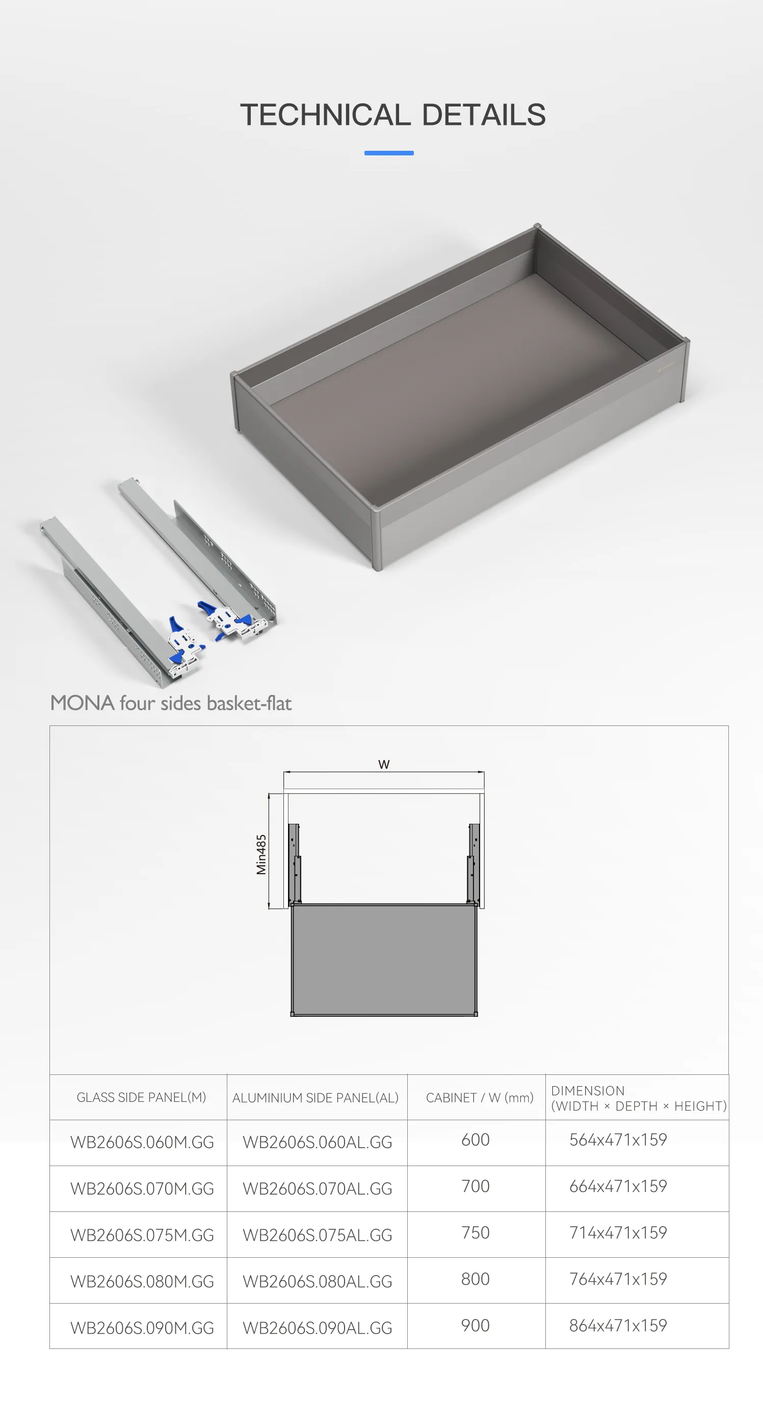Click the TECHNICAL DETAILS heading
392,115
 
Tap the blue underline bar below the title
389,153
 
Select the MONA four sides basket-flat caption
171,703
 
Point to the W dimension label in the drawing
384,764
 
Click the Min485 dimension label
261,855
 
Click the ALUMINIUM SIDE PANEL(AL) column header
315,1098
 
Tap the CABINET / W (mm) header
480,1098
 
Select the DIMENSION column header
639,1098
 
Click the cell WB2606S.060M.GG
142,1142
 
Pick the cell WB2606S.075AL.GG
318,1235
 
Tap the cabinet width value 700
476,1186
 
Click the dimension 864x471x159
618,1325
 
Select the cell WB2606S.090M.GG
142,1328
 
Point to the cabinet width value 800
476,1279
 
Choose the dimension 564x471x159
618,1140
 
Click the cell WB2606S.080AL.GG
318,1282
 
